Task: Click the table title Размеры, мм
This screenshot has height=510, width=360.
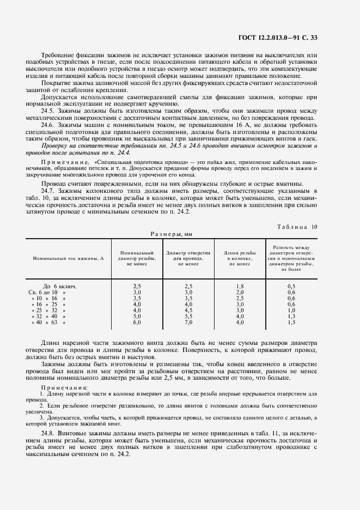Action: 172,234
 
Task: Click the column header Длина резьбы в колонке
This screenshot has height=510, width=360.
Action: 240,258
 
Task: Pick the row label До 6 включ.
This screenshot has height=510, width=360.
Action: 59,286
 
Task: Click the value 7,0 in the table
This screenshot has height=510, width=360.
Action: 188,323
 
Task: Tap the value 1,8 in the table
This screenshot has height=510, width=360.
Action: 240,286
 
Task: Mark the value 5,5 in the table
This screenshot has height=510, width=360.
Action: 188,316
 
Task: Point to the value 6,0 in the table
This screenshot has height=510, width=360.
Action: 137,323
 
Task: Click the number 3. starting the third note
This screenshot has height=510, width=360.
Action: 41,418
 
